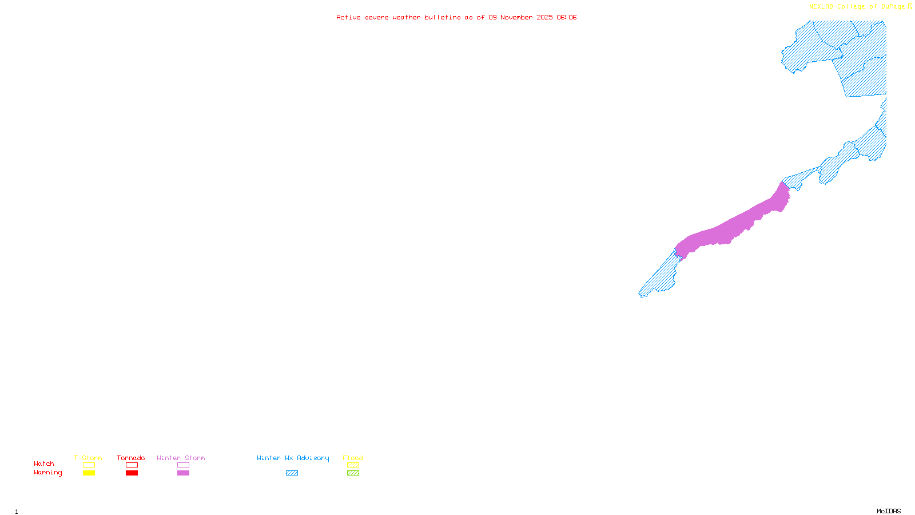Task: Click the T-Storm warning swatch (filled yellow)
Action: pos(89,473)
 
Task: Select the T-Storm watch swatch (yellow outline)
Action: pos(89,465)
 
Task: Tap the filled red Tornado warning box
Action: pos(132,473)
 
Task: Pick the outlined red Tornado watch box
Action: pos(132,465)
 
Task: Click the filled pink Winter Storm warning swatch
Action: pos(183,473)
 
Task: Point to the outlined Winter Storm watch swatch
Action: pos(183,465)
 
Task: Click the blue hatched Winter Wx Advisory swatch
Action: pos(292,473)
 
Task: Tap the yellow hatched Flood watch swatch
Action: pos(353,465)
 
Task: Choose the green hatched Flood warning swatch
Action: pos(353,473)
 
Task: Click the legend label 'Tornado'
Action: pos(131,458)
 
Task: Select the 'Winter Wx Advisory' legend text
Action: pos(293,458)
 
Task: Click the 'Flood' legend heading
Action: pos(353,458)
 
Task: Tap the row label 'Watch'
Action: pos(44,463)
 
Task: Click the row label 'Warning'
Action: pos(47,473)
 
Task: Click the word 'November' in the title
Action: pos(516,17)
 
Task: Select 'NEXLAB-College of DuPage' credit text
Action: pos(857,6)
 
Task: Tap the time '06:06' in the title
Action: pos(567,17)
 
